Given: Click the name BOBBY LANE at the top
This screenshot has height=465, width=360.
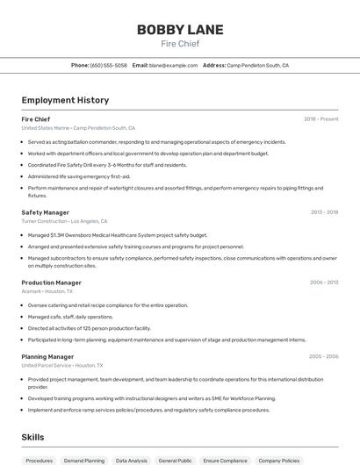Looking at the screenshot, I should click(180, 29).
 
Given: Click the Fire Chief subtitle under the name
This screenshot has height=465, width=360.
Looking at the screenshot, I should click(180, 43).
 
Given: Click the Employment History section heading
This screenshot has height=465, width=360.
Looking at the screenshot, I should click(65, 100).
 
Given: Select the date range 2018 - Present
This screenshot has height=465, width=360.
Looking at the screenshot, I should click(320, 118).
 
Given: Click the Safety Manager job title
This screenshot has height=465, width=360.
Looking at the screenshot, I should click(45, 212).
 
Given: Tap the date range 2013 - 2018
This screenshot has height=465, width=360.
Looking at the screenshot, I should click(324, 212).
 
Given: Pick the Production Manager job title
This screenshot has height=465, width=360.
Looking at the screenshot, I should click(51, 283).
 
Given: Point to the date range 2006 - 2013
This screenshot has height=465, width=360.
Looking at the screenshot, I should click(324, 283).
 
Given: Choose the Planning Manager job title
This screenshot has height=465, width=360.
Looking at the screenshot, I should click(47, 356).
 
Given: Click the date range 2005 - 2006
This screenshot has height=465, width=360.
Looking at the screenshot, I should click(324, 356).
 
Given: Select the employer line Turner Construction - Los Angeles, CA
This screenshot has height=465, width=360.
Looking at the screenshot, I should click(64, 221).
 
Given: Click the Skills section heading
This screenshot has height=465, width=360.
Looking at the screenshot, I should click(32, 436).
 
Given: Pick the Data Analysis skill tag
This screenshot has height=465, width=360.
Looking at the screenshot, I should click(132, 460).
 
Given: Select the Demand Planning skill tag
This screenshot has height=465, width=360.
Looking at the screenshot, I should click(84, 460).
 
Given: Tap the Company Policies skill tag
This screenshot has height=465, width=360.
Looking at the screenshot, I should click(279, 460).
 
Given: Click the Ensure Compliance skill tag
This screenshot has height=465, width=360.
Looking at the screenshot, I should click(226, 460).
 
